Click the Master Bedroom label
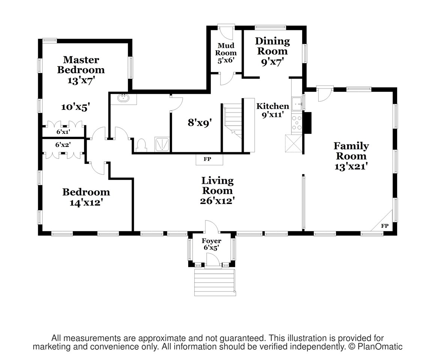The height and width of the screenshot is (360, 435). coord(81,64)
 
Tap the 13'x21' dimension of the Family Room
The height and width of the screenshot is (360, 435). coord(351,166)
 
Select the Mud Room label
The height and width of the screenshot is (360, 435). coord(226,49)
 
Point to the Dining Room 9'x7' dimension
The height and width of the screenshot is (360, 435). coord(272,61)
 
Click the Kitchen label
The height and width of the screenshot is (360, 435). coord(272,106)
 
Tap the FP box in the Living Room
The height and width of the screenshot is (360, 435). coord(209,159)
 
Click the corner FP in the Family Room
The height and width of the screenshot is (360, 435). coord(384,226)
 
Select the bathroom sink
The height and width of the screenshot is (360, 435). coord(123,98)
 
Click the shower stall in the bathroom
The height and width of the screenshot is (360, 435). coord(162,144)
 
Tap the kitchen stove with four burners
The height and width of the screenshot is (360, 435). coord(297,122)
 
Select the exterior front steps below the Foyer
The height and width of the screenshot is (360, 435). coord(215,282)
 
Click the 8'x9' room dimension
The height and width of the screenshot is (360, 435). coord(200,122)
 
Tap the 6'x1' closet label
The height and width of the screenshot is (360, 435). coord(63,132)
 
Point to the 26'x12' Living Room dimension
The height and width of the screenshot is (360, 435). coord(217,201)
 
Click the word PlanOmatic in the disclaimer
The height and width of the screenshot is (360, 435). coord(380,346)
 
